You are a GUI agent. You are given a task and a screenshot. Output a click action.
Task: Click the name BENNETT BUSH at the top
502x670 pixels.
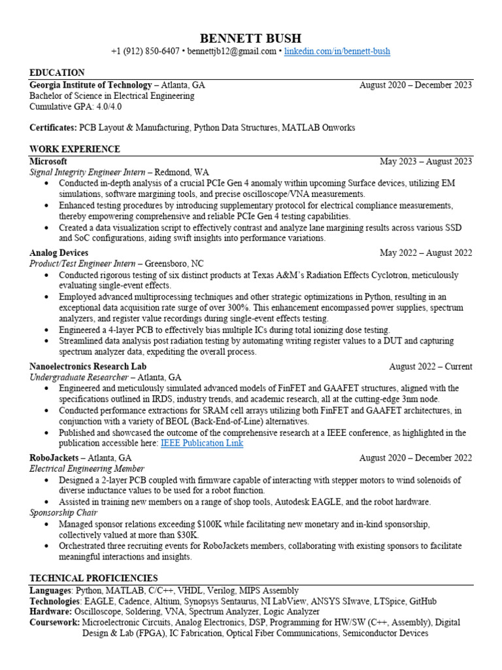click(x=250, y=38)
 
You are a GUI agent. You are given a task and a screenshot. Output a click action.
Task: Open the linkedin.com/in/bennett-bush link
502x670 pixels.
click(x=337, y=52)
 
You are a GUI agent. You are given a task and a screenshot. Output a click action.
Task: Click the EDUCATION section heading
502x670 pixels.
click(x=57, y=73)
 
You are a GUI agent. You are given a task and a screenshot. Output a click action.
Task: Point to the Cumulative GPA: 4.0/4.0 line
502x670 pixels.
click(x=75, y=107)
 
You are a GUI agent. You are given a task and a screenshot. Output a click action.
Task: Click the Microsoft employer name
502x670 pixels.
click(x=48, y=161)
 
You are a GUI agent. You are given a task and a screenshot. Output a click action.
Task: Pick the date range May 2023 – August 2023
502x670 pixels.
click(x=426, y=161)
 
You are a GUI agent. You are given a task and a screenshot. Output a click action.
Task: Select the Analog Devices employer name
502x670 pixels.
click(x=59, y=253)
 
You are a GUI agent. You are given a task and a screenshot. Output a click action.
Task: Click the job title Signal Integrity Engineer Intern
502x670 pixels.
click(x=86, y=172)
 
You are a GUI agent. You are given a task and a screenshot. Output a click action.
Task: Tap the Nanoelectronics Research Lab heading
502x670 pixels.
click(x=88, y=366)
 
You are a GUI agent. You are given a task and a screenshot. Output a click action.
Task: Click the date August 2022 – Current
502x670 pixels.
click(x=430, y=366)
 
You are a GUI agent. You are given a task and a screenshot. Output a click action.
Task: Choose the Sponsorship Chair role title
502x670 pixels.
click(x=62, y=513)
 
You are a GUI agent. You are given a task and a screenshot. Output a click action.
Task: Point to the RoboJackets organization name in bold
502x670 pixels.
click(x=53, y=457)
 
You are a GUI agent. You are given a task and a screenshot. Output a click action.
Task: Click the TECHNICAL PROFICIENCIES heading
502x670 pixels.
click(x=93, y=578)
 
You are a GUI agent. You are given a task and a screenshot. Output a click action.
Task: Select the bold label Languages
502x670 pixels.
click(x=50, y=590)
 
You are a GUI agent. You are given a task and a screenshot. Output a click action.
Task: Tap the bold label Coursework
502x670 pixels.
click(x=54, y=622)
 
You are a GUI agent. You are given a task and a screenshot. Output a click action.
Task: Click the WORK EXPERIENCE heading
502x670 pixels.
click(x=75, y=149)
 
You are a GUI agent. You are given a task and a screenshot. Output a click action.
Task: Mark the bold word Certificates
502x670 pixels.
click(x=52, y=128)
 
